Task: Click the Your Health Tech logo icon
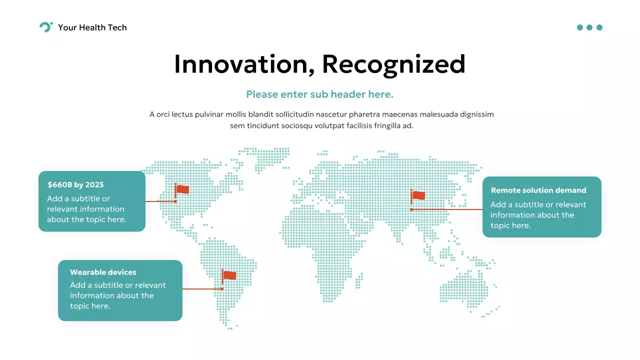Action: pos(45,27)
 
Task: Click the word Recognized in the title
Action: pos(393,64)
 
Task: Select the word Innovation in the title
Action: pos(244,64)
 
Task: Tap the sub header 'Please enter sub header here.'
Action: pos(320,94)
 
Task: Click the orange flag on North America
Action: pos(182,189)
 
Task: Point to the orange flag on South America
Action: pos(229,275)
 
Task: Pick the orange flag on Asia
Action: pos(418,195)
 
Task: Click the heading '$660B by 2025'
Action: pos(75,184)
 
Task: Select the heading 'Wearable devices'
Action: pos(103,272)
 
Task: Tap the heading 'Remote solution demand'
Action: pos(538,190)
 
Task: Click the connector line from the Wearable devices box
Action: pos(202,289)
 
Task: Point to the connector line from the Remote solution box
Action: pos(446,209)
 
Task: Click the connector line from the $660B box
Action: pos(160,201)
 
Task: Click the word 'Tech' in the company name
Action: pos(117,27)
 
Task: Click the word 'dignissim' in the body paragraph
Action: pos(476,114)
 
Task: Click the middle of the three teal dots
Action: pos(589,27)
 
